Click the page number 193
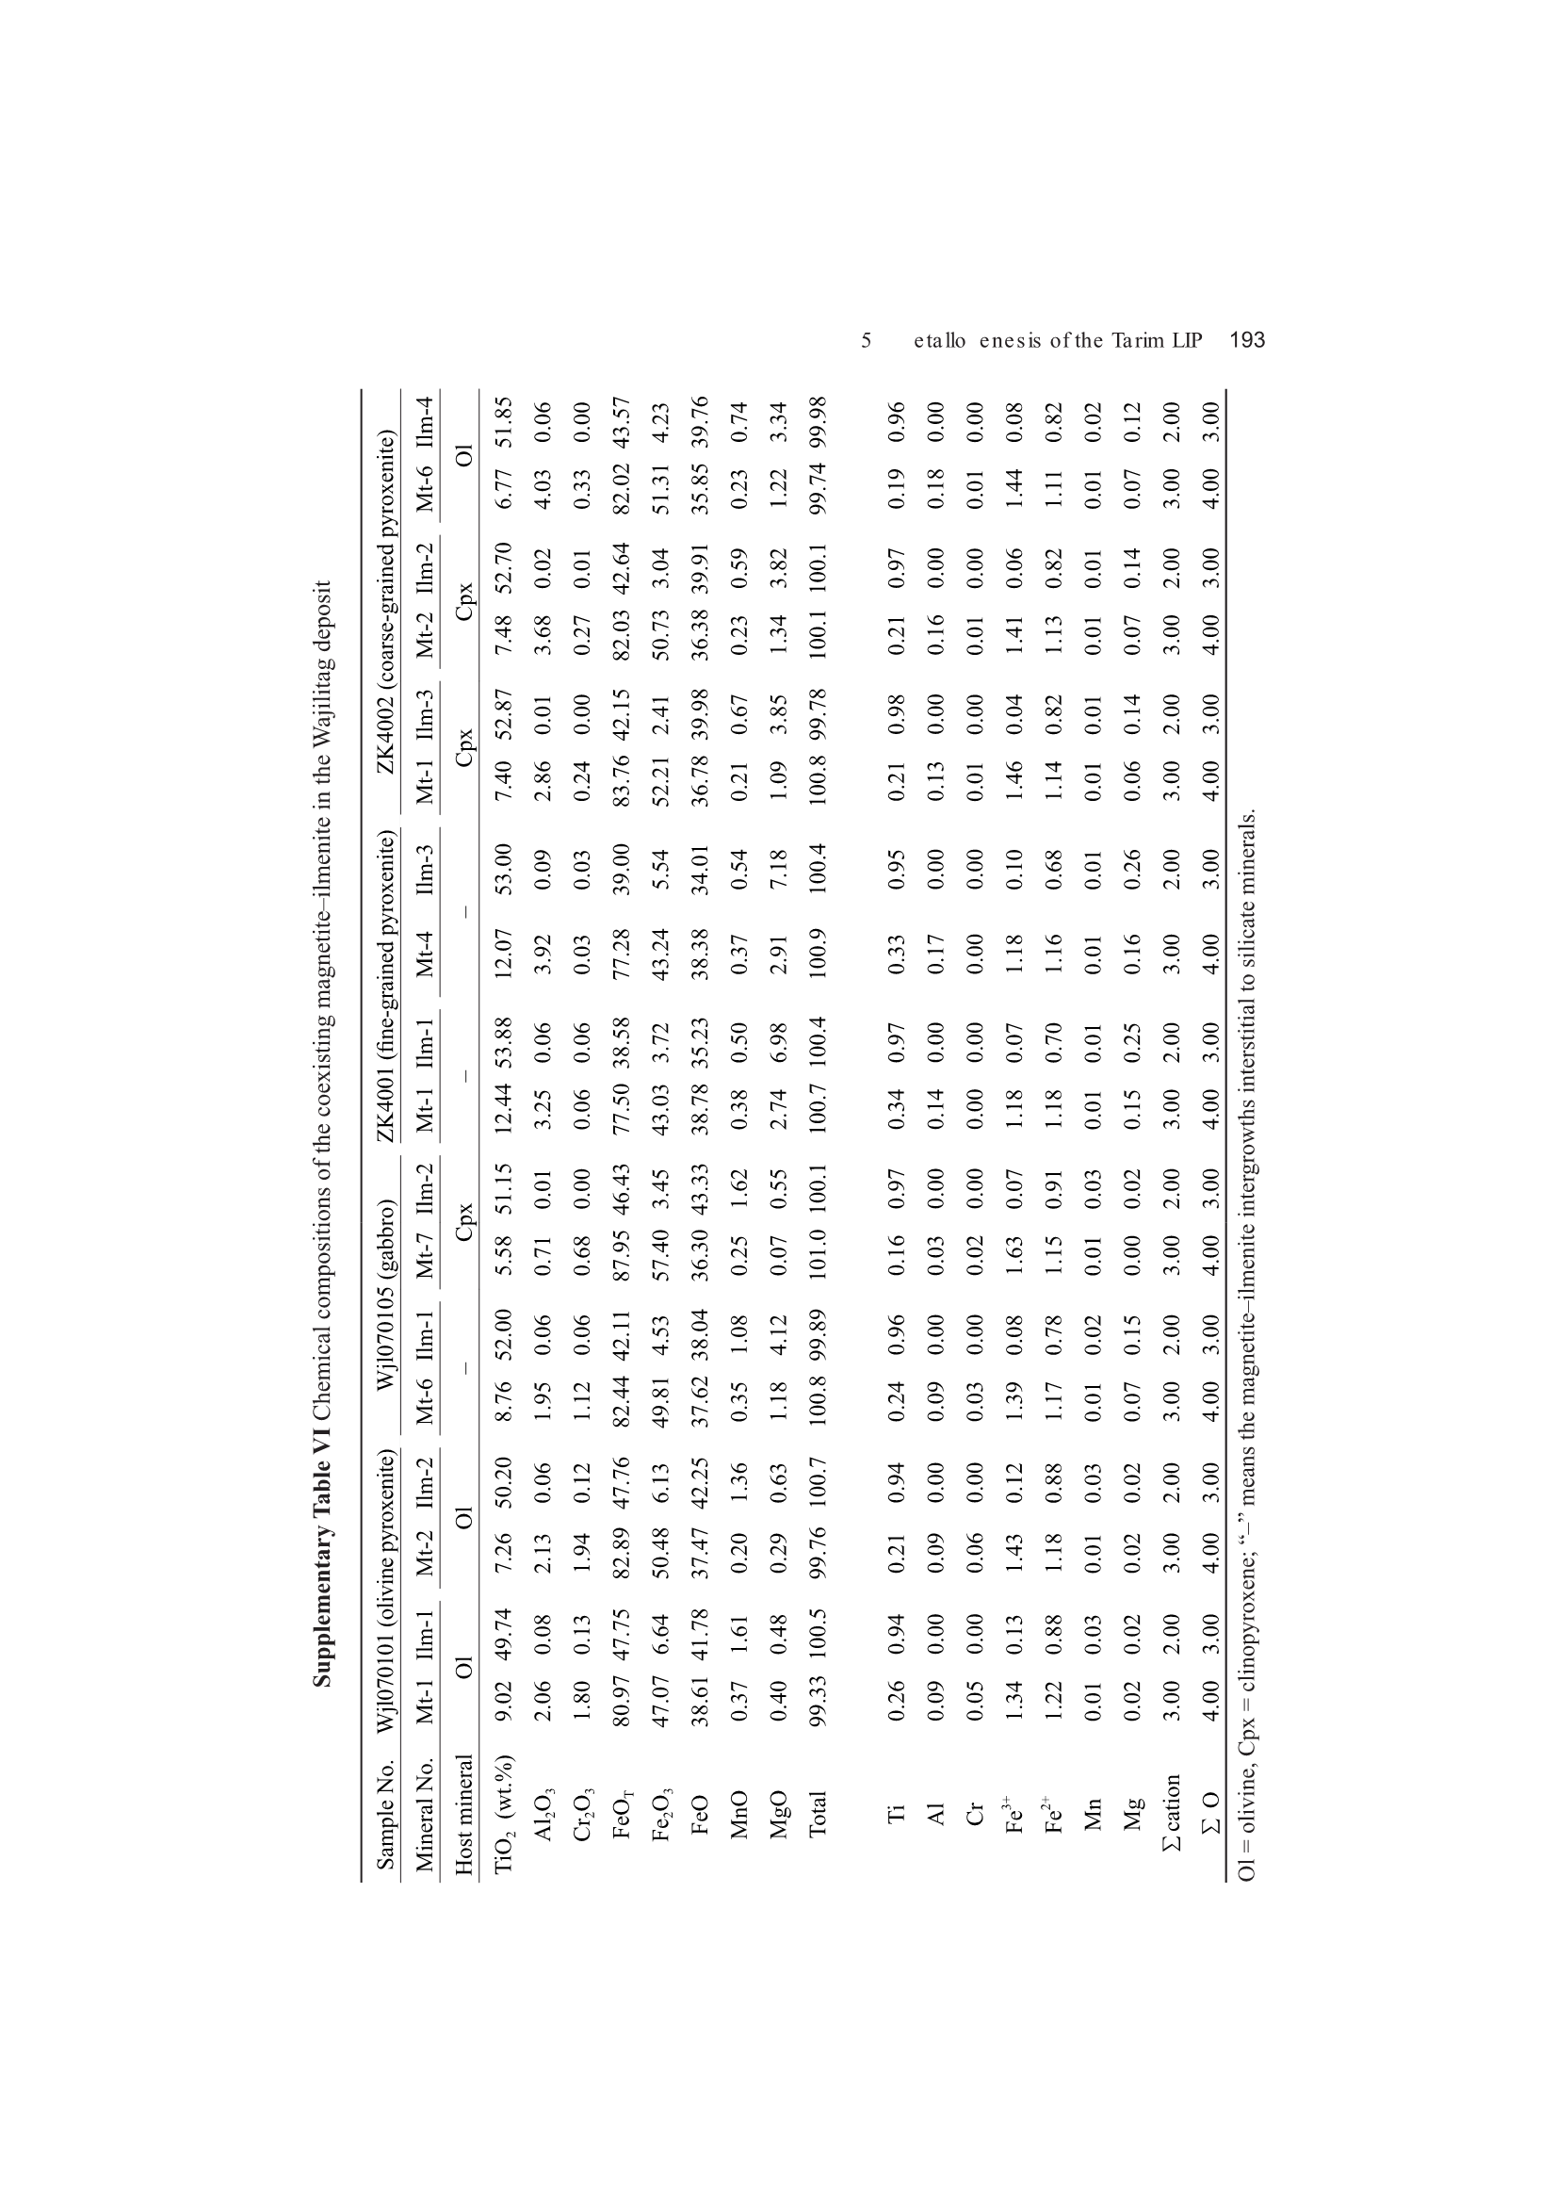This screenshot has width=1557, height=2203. tap(1247, 339)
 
